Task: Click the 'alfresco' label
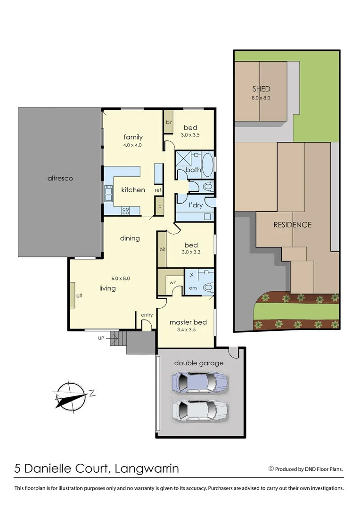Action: [x=60, y=178]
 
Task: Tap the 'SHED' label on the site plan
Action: [x=261, y=89]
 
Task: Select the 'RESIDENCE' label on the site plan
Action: [x=292, y=225]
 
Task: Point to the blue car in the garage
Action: [x=200, y=382]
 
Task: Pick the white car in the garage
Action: [x=200, y=410]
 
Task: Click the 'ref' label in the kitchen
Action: [x=158, y=190]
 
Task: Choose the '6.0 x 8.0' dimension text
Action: [x=120, y=278]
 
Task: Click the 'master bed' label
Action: [x=188, y=322]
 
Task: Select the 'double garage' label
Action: [x=199, y=363]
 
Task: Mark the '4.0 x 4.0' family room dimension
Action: [x=132, y=145]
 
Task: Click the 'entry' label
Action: [x=147, y=315]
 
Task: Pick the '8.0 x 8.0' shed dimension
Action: [x=261, y=98]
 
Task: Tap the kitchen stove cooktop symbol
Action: [x=126, y=211]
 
